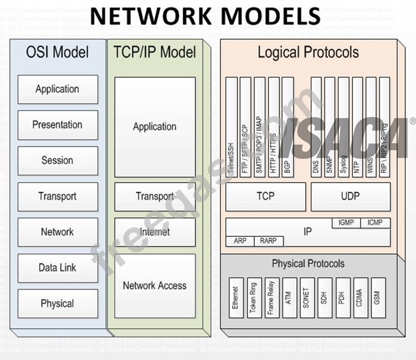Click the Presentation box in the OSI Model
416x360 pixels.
[58, 125]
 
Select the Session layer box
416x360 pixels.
[58, 161]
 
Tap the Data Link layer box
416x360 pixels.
[58, 267]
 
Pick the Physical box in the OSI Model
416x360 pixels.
[58, 303]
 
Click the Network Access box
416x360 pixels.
[155, 285]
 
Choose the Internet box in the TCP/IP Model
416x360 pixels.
[155, 232]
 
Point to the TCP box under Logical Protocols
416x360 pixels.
[266, 197]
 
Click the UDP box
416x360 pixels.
[350, 197]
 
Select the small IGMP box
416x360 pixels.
[346, 223]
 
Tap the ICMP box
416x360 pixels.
[375, 223]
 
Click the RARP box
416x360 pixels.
[268, 241]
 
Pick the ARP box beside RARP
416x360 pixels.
[240, 241]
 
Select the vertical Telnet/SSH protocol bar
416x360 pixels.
[232, 127]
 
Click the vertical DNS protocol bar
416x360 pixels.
[316, 127]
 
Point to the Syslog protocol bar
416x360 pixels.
[343, 127]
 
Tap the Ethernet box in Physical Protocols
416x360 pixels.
[236, 297]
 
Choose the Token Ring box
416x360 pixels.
[254, 297]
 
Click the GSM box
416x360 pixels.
[378, 297]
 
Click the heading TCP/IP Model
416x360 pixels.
[155, 52]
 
